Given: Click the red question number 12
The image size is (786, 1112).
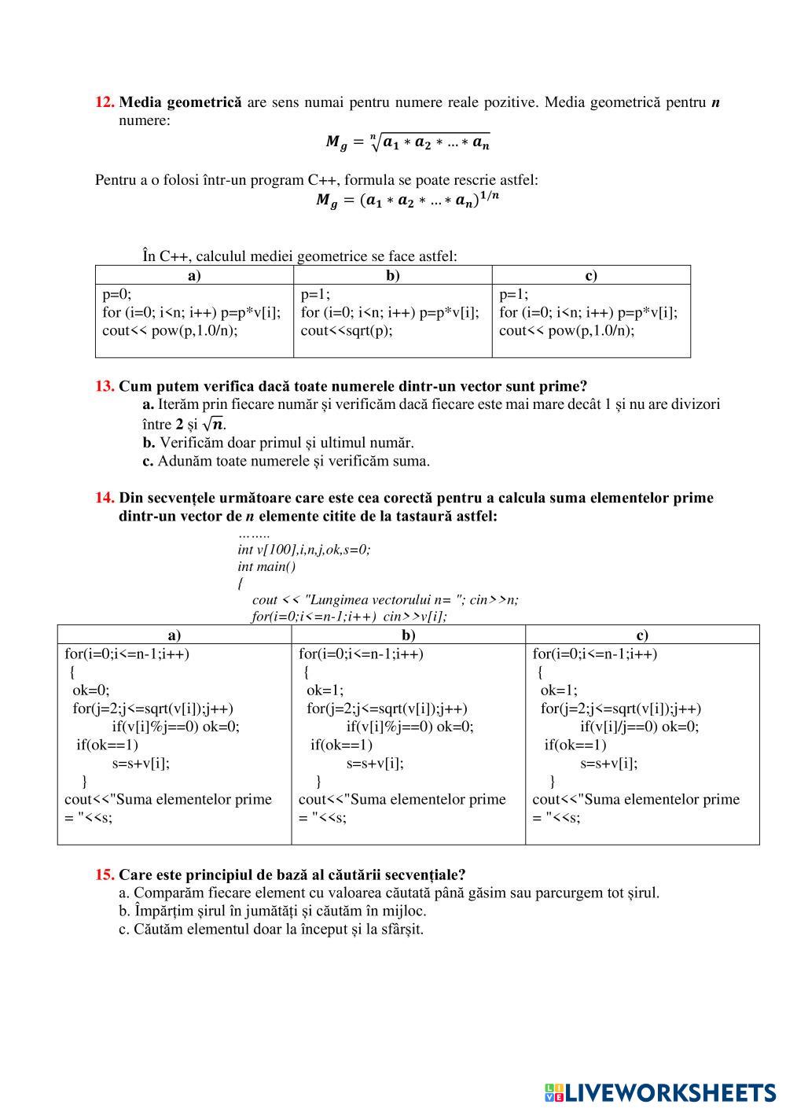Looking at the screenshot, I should pos(105,102).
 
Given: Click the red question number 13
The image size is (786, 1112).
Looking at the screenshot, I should pos(105,386).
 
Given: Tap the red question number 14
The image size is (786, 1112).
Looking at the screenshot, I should pos(105,498).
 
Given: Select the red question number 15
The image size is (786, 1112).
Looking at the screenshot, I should pos(105,875).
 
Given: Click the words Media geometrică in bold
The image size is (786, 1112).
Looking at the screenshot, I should pos(180,102).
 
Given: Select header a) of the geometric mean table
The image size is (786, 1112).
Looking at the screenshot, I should pos(194,275).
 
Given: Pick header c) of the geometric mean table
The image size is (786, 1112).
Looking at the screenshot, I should pos(591,275).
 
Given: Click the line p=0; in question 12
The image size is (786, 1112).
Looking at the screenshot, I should pos(117,295).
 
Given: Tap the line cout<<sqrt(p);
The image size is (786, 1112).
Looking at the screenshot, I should pos(347,330).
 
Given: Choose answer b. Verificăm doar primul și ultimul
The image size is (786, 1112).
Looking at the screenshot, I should pos(278,443).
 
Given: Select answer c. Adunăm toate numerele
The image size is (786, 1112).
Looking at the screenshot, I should pos(286,461).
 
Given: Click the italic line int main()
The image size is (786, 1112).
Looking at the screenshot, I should pos(266,566).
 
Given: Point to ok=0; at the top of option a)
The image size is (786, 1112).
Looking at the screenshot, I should pos(90,690).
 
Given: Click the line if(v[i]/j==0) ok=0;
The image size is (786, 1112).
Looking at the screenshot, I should pos(639,727).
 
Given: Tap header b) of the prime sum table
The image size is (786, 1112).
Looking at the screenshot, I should pos(409,635).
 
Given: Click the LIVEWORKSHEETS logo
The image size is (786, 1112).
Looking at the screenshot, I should pos(660,1092).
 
